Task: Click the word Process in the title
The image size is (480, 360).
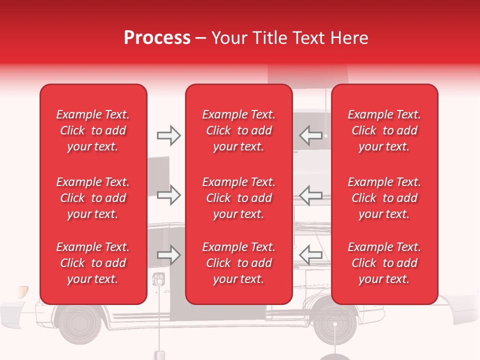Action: [157, 38]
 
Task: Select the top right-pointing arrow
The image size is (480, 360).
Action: [168, 135]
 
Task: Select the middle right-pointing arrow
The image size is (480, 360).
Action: [168, 195]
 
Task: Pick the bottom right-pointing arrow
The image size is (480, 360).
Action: [168, 255]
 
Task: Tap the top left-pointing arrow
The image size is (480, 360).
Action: [310, 135]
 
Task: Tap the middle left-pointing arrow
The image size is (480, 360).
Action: [310, 195]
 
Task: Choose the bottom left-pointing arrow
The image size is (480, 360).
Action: [310, 255]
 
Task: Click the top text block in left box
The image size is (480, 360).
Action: [93, 130]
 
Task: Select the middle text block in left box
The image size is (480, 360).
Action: [93, 198]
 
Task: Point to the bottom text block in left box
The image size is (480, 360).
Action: [93, 263]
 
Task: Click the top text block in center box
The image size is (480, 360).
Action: [238, 130]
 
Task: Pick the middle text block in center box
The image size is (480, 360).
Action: [238, 198]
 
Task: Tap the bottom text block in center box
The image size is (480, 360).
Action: [238, 263]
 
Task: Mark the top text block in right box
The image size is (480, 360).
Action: [384, 130]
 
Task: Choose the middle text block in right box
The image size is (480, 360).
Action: [384, 198]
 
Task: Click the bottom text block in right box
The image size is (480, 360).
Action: [384, 263]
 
